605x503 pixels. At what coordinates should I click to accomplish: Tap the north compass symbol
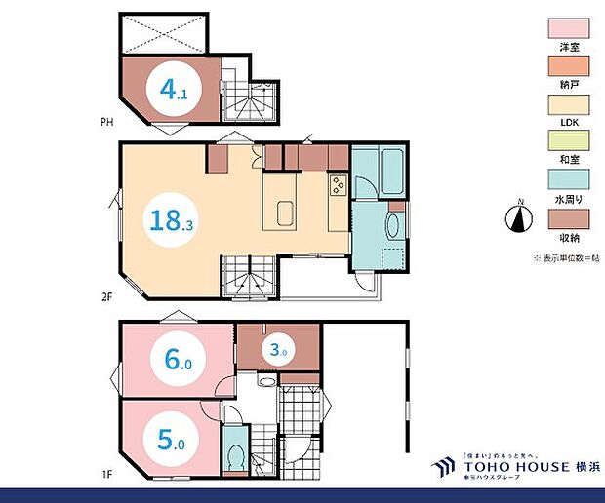point(521,217)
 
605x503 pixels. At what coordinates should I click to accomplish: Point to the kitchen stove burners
point(337,181)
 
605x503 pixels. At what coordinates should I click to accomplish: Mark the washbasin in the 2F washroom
point(392,225)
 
